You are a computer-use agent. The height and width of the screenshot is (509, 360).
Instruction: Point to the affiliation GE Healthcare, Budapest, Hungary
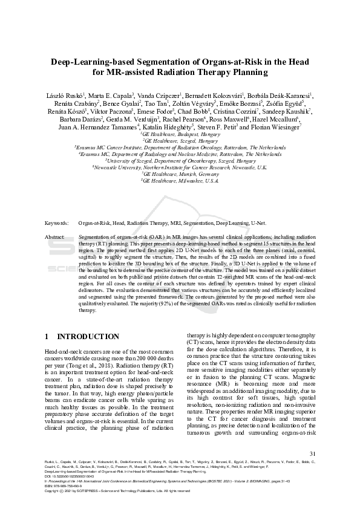coord(180,134)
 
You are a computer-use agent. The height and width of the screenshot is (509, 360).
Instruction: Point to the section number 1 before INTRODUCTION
coord(47,336)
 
